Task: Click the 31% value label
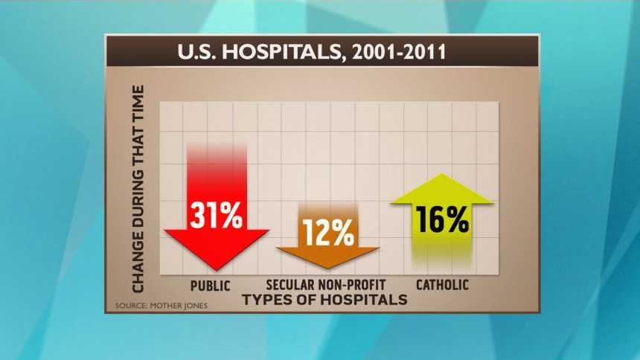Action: pyautogui.click(x=217, y=216)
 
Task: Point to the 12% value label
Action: pyautogui.click(x=327, y=234)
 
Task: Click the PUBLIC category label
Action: pyautogui.click(x=211, y=286)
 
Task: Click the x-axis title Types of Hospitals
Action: pyautogui.click(x=324, y=300)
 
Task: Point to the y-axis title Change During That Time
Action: pyautogui.click(x=138, y=188)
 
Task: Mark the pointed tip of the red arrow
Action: pyautogui.click(x=217, y=269)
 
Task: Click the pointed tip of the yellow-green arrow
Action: pyautogui.click(x=442, y=175)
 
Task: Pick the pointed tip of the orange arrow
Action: pyautogui.click(x=327, y=269)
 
